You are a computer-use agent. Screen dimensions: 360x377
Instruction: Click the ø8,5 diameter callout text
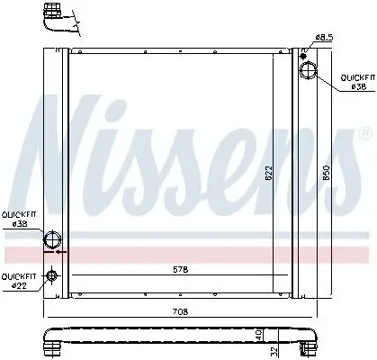point(323,37)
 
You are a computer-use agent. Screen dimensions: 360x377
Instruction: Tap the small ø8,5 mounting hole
point(308,52)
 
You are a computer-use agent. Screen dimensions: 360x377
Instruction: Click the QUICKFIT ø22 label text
point(18,280)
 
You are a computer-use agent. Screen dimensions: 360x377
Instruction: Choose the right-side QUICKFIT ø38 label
point(354,83)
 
